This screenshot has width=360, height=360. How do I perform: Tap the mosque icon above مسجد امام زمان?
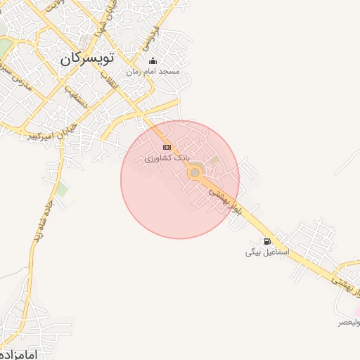click(x=153, y=61)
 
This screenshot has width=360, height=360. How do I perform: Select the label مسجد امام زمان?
click(x=153, y=72)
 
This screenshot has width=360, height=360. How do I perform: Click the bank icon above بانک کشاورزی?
click(x=167, y=147)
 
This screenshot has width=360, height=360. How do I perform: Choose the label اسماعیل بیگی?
click(x=263, y=252)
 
